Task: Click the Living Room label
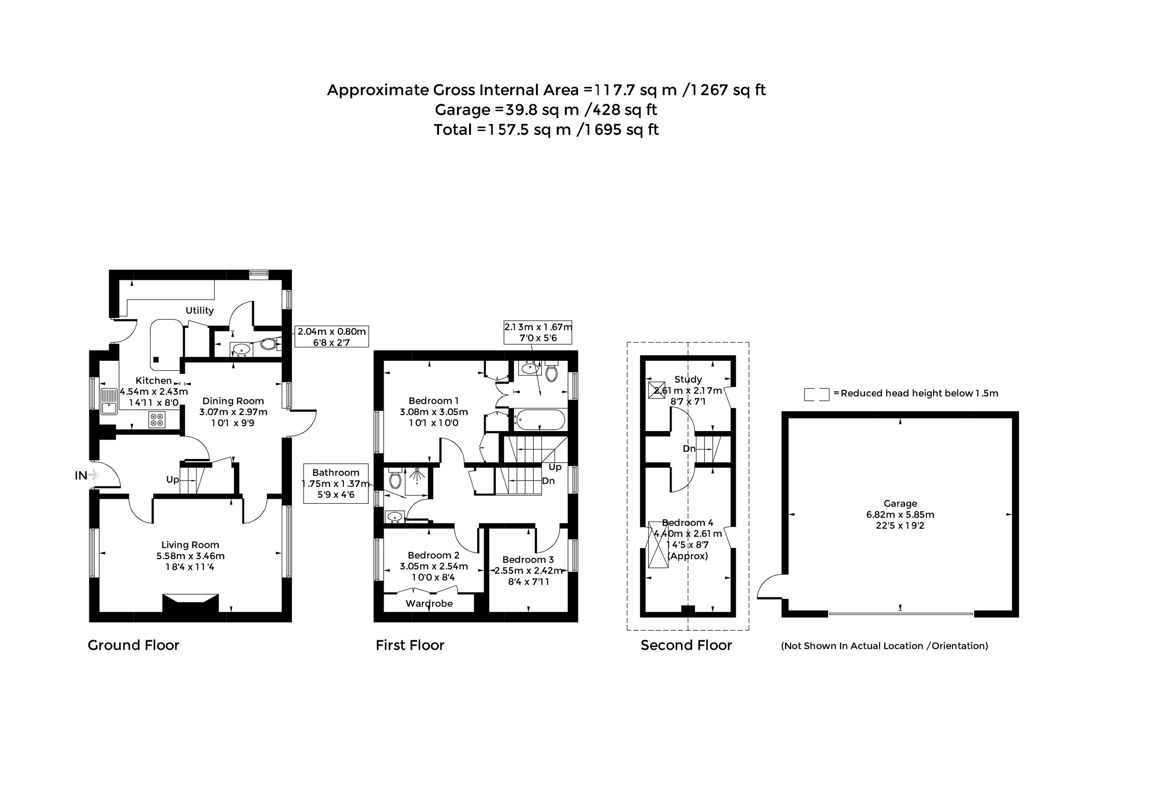coord(190,545)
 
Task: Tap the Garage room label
coord(900,503)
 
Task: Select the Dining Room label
coord(233,401)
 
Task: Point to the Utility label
coord(200,310)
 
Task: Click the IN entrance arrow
coord(93,475)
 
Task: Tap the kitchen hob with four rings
coord(157,419)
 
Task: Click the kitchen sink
coord(109,401)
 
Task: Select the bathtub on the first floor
coord(539,419)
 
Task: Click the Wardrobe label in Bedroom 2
coord(429,603)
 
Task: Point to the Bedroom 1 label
coord(433,401)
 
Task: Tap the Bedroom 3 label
coord(528,560)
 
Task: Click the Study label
coord(688,380)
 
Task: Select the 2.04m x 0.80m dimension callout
coord(332,336)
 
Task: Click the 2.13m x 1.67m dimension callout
coord(538,332)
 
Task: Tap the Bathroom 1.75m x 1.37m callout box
coord(336,483)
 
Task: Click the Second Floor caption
coord(686,645)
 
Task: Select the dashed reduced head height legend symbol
coord(816,394)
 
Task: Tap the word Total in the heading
coord(453,130)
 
